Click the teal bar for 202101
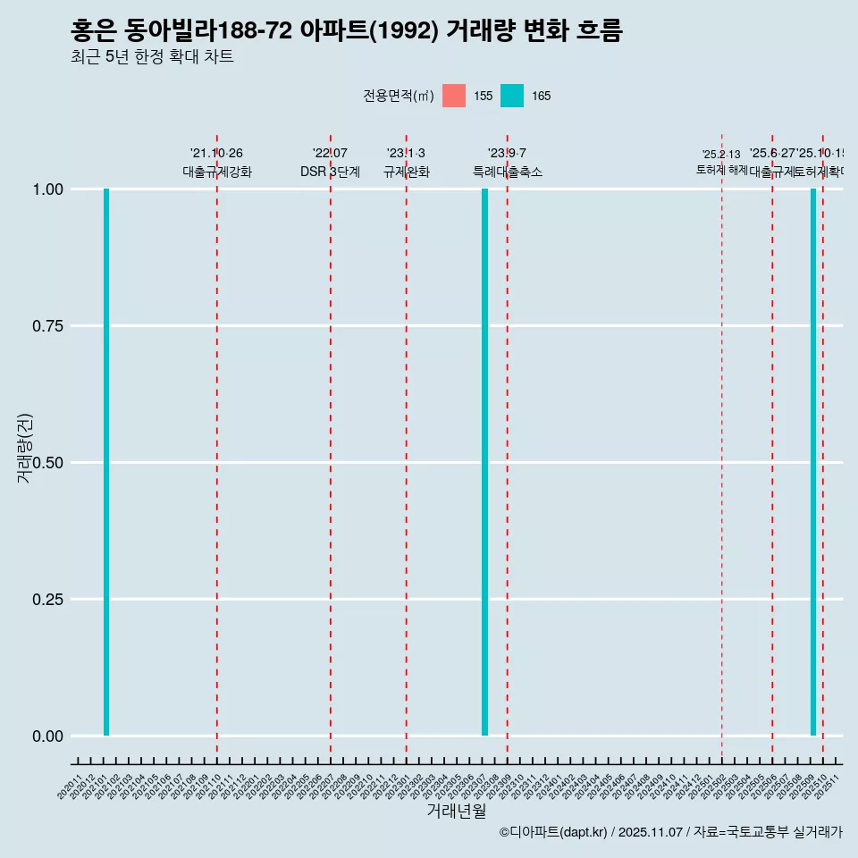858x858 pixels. [x=106, y=462]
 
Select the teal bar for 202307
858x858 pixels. [x=485, y=462]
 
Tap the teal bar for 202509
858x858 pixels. [x=813, y=462]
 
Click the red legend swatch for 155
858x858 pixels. [x=454, y=96]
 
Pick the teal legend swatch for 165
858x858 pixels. [x=512, y=96]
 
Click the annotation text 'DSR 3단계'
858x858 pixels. [x=330, y=172]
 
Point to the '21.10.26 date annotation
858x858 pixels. [x=216, y=154]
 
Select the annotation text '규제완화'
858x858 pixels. [x=407, y=172]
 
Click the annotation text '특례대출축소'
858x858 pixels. [x=508, y=172]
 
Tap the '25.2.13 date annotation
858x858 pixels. [x=721, y=155]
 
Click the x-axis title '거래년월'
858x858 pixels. [x=456, y=811]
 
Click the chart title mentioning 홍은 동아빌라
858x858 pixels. [x=347, y=30]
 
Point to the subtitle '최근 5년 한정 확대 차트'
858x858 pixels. [x=152, y=57]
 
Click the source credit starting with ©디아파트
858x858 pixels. [x=670, y=832]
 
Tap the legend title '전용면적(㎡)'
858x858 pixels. [x=399, y=97]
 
